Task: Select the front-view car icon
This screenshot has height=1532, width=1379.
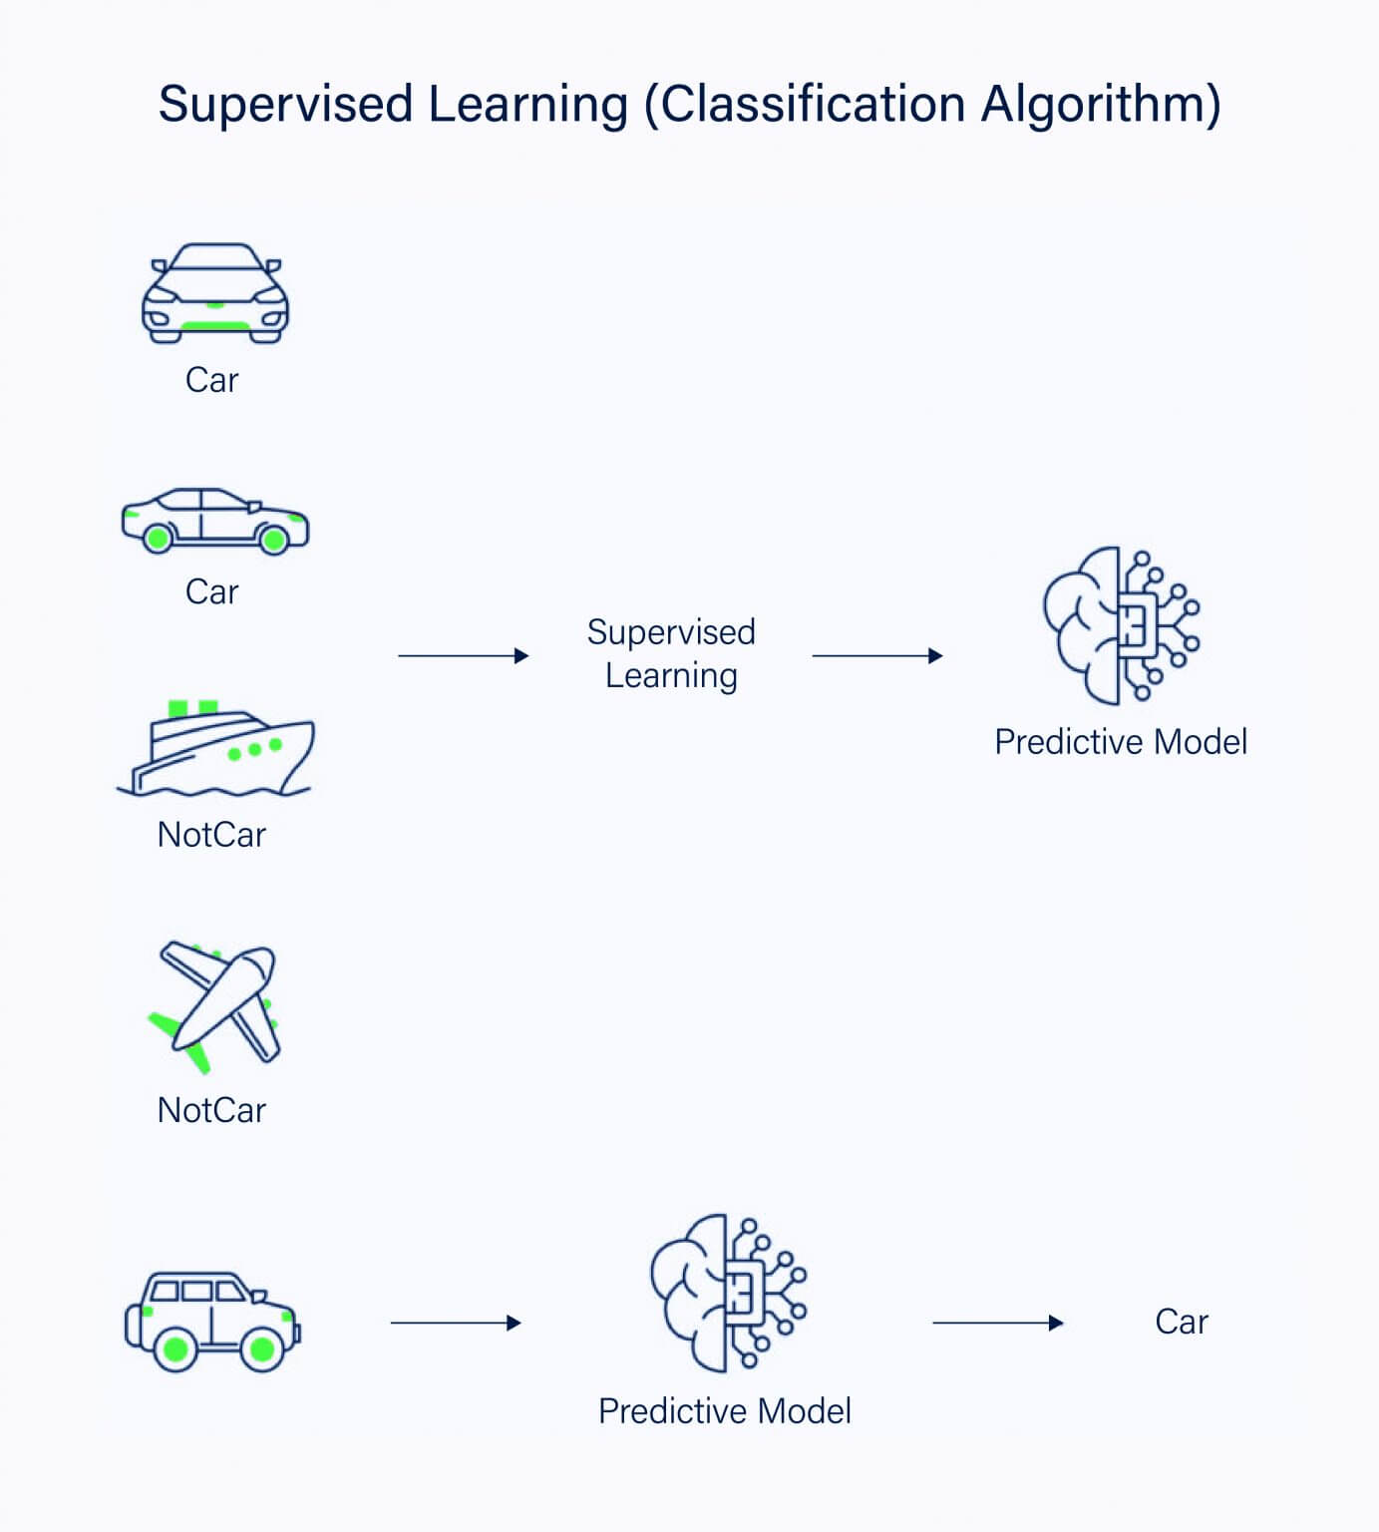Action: pos(214,294)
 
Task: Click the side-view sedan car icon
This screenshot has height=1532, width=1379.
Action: pos(214,522)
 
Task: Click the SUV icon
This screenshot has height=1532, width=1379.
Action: pos(211,1321)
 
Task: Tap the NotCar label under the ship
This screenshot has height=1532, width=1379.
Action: pos(211,835)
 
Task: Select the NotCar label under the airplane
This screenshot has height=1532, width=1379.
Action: pos(211,1110)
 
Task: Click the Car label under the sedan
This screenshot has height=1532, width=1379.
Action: pos(211,592)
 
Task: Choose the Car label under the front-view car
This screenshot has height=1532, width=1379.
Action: pos(211,380)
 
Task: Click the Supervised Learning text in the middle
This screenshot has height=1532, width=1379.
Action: pos(671,654)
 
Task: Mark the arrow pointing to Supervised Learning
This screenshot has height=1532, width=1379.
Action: pos(463,656)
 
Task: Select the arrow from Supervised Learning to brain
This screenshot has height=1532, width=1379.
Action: pos(877,656)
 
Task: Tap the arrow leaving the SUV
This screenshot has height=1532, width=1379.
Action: pos(456,1324)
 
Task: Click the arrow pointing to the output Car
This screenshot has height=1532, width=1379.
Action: pos(997,1324)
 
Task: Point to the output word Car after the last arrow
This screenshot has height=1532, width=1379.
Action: pos(1182,1323)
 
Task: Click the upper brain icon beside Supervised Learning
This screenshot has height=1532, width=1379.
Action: pos(1121,625)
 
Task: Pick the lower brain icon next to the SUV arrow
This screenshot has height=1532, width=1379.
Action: pos(728,1293)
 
